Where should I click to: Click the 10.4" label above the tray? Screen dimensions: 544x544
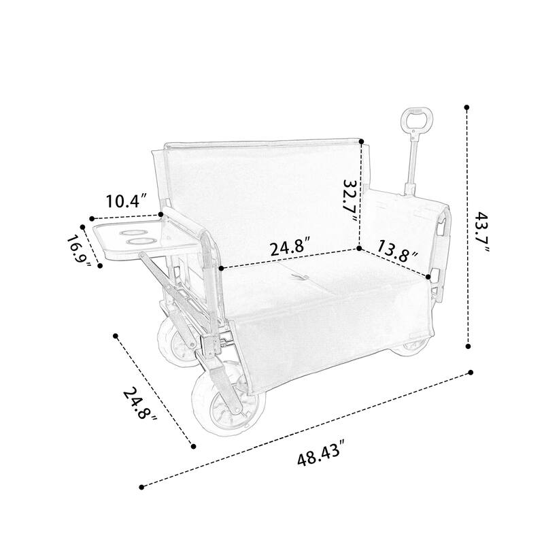point(126,201)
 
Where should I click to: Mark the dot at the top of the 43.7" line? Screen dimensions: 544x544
point(467,107)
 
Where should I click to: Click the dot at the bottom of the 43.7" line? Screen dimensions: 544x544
point(469,347)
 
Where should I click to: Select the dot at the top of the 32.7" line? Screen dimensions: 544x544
point(362,142)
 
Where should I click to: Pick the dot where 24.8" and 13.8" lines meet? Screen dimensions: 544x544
point(359,249)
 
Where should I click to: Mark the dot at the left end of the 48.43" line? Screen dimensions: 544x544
point(142,486)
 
